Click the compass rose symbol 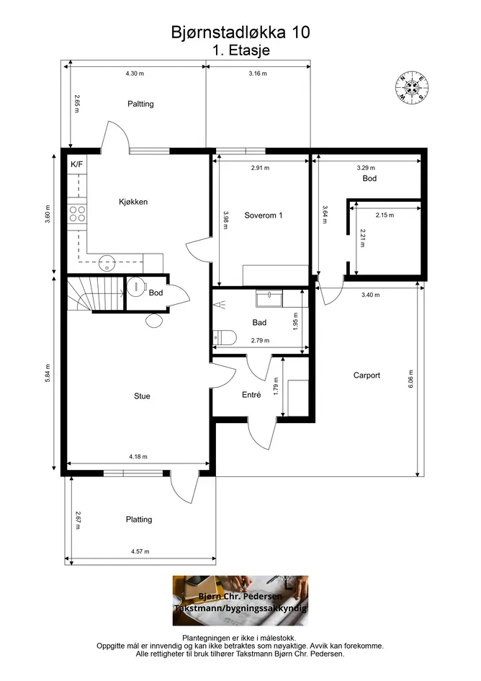[412, 87]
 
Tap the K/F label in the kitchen [76, 164]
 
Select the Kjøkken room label [133, 202]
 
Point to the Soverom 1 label [263, 215]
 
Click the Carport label [367, 375]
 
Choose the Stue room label [142, 396]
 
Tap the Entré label [251, 395]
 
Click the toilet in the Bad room [224, 337]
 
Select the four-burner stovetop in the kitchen [77, 214]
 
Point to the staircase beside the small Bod [96, 293]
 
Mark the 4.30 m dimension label [135, 74]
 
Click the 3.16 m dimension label [258, 74]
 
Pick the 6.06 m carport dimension [410, 379]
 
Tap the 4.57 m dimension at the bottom [140, 551]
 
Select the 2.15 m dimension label [385, 215]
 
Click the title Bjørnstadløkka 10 [240, 32]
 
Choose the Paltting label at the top [140, 104]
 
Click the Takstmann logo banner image [240, 601]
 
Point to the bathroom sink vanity [269, 299]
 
